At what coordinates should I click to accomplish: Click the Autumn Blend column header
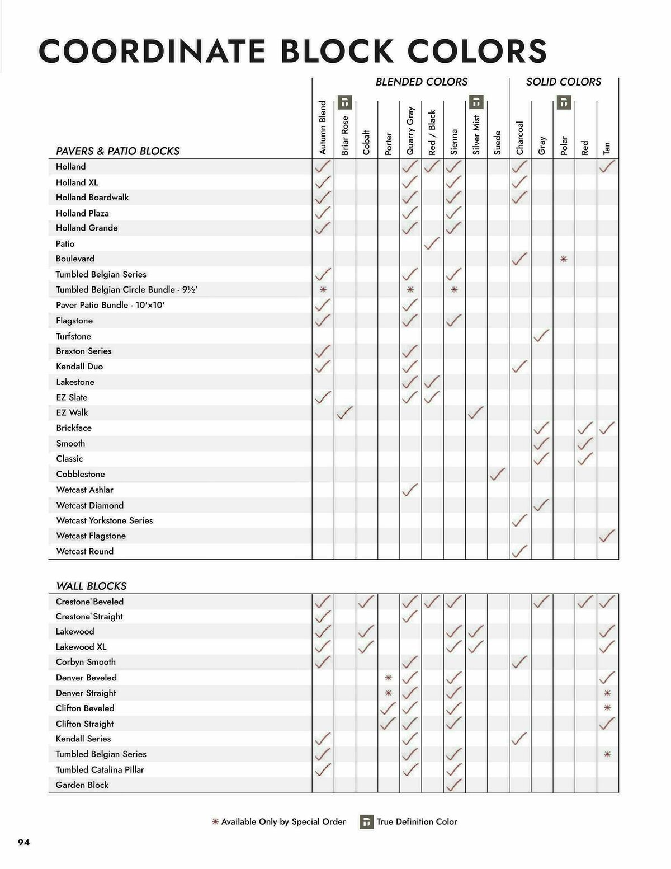point(323,128)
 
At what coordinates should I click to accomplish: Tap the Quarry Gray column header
point(410,130)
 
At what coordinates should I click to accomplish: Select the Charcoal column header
point(520,138)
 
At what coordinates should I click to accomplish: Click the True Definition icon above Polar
point(564,102)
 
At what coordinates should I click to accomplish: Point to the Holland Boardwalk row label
point(92,198)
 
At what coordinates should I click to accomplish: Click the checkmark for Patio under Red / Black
point(432,243)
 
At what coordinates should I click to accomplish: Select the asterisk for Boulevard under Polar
point(564,259)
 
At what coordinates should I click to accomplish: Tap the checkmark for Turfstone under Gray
point(541,336)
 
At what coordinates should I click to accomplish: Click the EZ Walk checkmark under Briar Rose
point(344,412)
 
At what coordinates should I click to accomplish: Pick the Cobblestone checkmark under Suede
point(497,474)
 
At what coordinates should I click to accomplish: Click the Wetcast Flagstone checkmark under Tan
point(607,536)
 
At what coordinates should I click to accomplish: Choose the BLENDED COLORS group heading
point(422,82)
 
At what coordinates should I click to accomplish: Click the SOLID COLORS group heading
point(564,82)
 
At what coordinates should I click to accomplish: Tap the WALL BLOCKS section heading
point(91,586)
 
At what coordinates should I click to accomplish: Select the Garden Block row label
point(82,785)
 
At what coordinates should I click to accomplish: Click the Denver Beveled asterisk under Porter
point(389,678)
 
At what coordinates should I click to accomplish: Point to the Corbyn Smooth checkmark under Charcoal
point(519,662)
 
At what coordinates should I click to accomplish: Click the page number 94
point(24,843)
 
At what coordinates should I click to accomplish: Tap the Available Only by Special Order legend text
point(283,822)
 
